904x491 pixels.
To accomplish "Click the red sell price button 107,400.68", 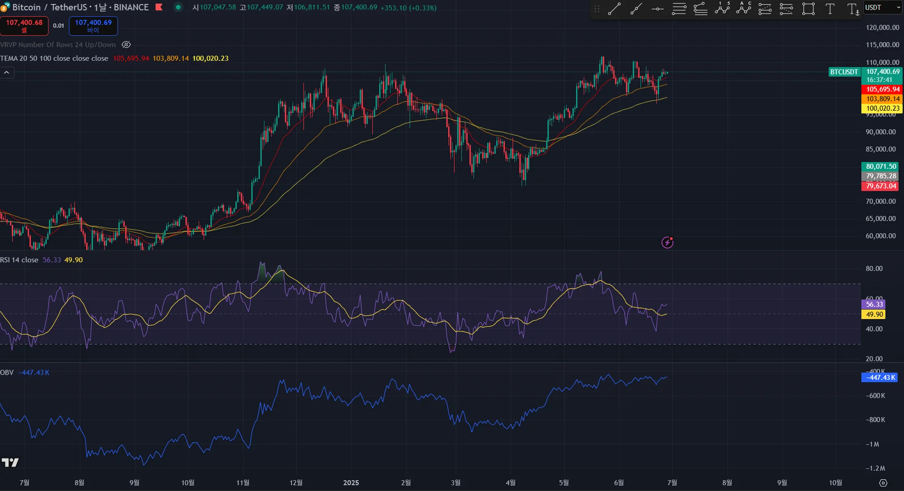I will (24, 26).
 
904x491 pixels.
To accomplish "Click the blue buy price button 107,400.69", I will (93, 26).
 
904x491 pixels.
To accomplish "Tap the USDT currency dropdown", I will (881, 8).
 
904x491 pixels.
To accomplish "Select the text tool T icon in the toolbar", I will (830, 9).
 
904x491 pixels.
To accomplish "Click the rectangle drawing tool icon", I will (808, 9).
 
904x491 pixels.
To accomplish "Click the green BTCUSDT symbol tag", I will (844, 72).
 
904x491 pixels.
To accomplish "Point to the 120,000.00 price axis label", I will (882, 27).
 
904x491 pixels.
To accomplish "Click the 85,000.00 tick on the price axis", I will (880, 149).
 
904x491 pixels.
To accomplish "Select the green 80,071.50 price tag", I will (880, 166).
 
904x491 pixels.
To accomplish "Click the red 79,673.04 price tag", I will (880, 186).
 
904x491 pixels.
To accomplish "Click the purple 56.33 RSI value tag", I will (874, 304).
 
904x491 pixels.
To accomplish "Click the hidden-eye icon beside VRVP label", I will (126, 45).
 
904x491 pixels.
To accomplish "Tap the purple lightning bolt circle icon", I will (667, 243).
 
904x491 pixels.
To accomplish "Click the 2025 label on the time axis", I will (351, 483).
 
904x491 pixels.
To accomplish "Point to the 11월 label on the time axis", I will (242, 483).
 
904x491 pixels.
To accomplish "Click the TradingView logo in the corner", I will (10, 463).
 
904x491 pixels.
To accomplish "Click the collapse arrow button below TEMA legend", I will (7, 73).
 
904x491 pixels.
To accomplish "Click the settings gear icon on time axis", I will (883, 483).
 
